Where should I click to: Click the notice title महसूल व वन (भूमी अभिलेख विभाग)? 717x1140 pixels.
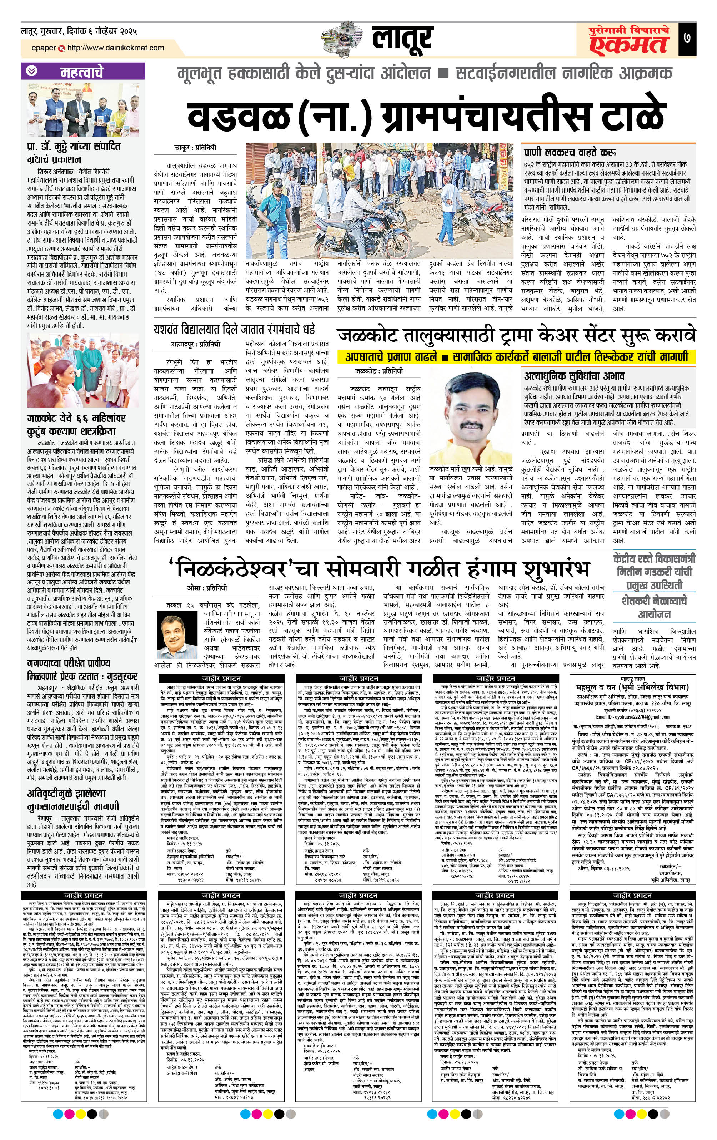tap(632, 687)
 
